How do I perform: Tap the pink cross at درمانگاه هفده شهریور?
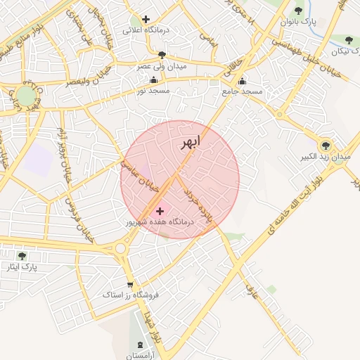(160, 210)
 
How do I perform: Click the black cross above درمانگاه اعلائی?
(146, 19)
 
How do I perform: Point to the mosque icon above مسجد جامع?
(243, 80)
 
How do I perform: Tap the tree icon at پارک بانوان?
(298, 11)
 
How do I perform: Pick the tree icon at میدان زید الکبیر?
(325, 145)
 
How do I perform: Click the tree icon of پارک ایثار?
(21, 256)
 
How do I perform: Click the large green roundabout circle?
(27, 96)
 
